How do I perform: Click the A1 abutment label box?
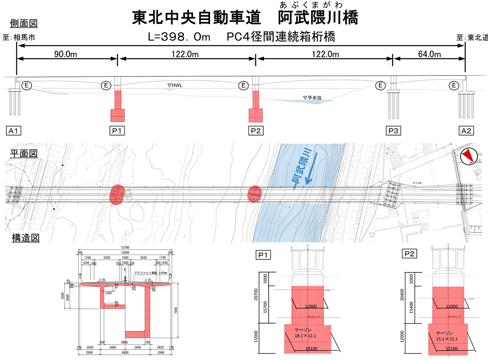13,131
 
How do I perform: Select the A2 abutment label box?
466,131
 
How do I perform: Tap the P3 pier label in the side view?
393,131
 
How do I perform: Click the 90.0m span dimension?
66,54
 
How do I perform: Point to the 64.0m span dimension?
429,54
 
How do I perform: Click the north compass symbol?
468,156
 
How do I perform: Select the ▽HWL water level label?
175,85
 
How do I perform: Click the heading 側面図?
24,23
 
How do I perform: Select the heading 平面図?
24,153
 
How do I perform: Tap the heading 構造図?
26,238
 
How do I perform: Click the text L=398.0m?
179,37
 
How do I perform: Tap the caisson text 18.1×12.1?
305,336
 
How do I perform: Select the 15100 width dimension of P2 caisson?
452,349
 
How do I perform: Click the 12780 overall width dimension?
125,248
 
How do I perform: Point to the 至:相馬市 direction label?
19,37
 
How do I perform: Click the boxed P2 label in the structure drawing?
409,254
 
